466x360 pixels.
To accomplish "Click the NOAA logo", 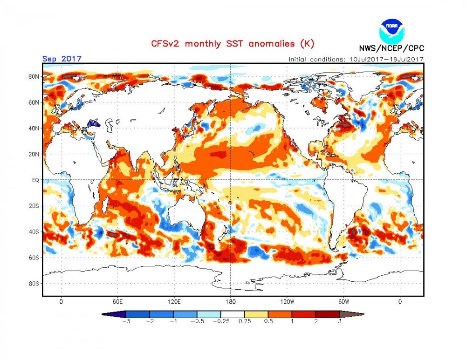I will (392, 30).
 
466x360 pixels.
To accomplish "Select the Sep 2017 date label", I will (62, 59).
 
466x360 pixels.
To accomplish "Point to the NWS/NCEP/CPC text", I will (391, 48).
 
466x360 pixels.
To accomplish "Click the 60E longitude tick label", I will (118, 301).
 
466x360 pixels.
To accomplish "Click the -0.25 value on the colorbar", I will (221, 321).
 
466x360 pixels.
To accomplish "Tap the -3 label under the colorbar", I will (125, 321).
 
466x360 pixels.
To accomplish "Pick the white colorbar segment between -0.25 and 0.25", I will (233, 314).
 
